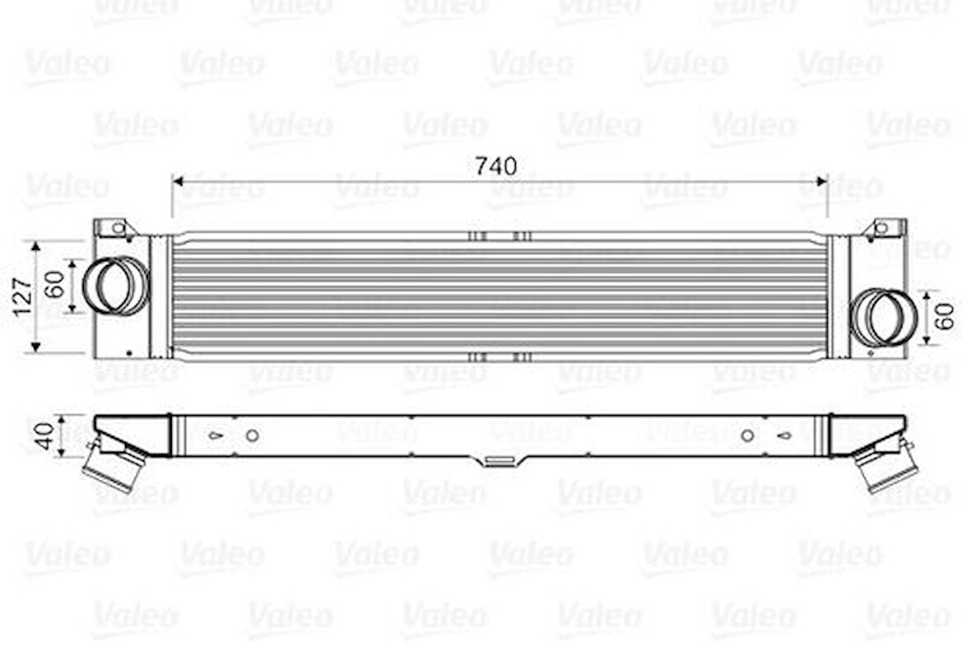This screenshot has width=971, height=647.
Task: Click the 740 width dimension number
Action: pyautogui.click(x=496, y=166)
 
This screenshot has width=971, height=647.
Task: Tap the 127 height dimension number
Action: pyautogui.click(x=23, y=296)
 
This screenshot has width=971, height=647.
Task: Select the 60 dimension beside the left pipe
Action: pyautogui.click(x=54, y=285)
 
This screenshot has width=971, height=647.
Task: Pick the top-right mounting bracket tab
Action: pyautogui.click(x=887, y=227)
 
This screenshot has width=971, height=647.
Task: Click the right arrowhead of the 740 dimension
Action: pyautogui.click(x=822, y=181)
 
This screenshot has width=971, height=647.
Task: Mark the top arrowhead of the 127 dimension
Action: pyautogui.click(x=35, y=246)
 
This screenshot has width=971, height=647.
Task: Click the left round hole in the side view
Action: pyautogui.click(x=253, y=435)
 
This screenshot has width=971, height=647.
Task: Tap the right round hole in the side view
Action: pyautogui.click(x=747, y=435)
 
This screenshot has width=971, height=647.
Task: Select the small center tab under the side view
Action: pyautogui.click(x=500, y=461)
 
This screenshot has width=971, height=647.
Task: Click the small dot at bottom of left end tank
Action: pyautogui.click(x=129, y=354)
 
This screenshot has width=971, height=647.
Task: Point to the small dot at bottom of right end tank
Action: pyautogui.click(x=871, y=354)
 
